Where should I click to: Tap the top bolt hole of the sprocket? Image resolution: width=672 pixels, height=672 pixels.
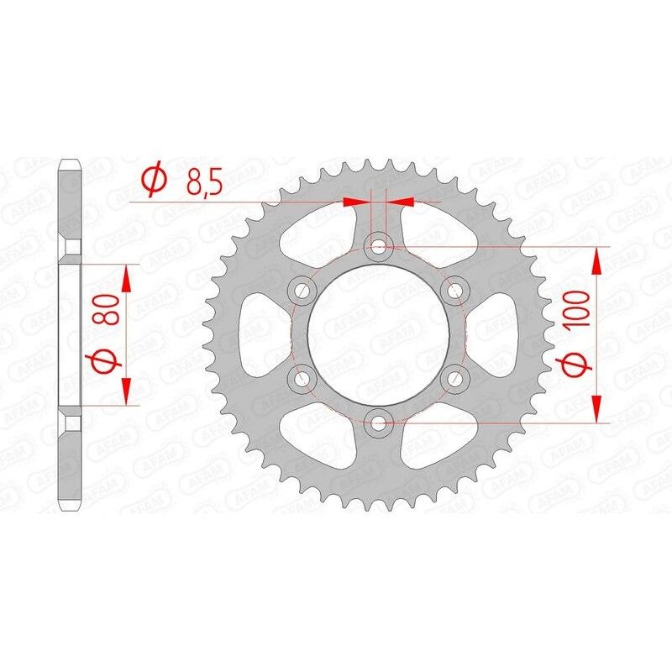click(x=380, y=247)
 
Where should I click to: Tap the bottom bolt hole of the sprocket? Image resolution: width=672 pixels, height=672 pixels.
click(x=380, y=423)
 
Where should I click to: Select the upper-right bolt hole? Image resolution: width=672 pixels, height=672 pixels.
click(x=455, y=291)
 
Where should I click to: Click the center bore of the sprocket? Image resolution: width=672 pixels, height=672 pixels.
click(x=380, y=334)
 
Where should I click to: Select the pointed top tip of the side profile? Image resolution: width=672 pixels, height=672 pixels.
click(x=69, y=160)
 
